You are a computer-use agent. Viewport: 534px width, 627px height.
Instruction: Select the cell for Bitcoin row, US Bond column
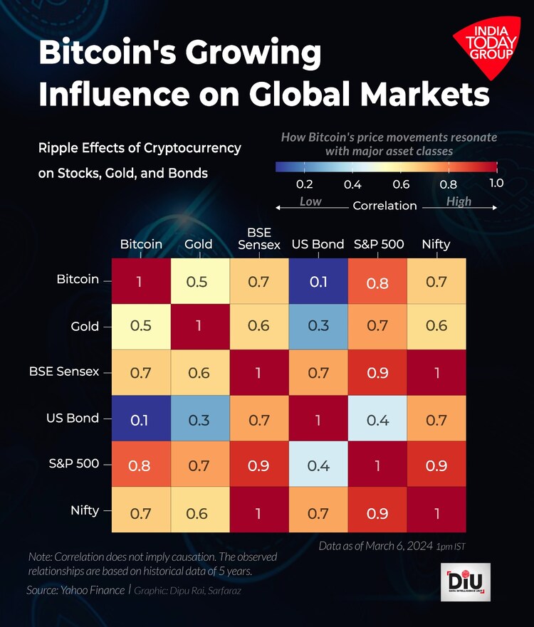pos(318,281)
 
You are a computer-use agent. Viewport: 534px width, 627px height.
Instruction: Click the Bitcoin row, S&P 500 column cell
pos(377,281)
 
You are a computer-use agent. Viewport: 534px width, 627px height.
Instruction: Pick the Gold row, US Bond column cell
pos(318,326)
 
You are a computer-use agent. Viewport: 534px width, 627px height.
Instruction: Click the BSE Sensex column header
pos(259,238)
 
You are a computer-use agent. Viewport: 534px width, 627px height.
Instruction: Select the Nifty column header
pos(436,244)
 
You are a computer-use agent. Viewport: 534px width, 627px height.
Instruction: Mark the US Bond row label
pos(73,418)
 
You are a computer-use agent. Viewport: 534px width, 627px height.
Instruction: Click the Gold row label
pos(85,327)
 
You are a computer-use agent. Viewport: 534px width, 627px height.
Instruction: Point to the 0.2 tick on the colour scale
pos(304,184)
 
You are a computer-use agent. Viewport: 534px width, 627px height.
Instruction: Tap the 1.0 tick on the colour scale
pos(496,183)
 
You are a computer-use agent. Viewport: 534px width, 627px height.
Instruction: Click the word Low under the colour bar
pos(310,201)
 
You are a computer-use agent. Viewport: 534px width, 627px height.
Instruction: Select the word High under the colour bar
pos(459,201)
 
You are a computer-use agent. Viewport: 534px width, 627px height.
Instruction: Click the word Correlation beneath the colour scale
pos(384,206)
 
